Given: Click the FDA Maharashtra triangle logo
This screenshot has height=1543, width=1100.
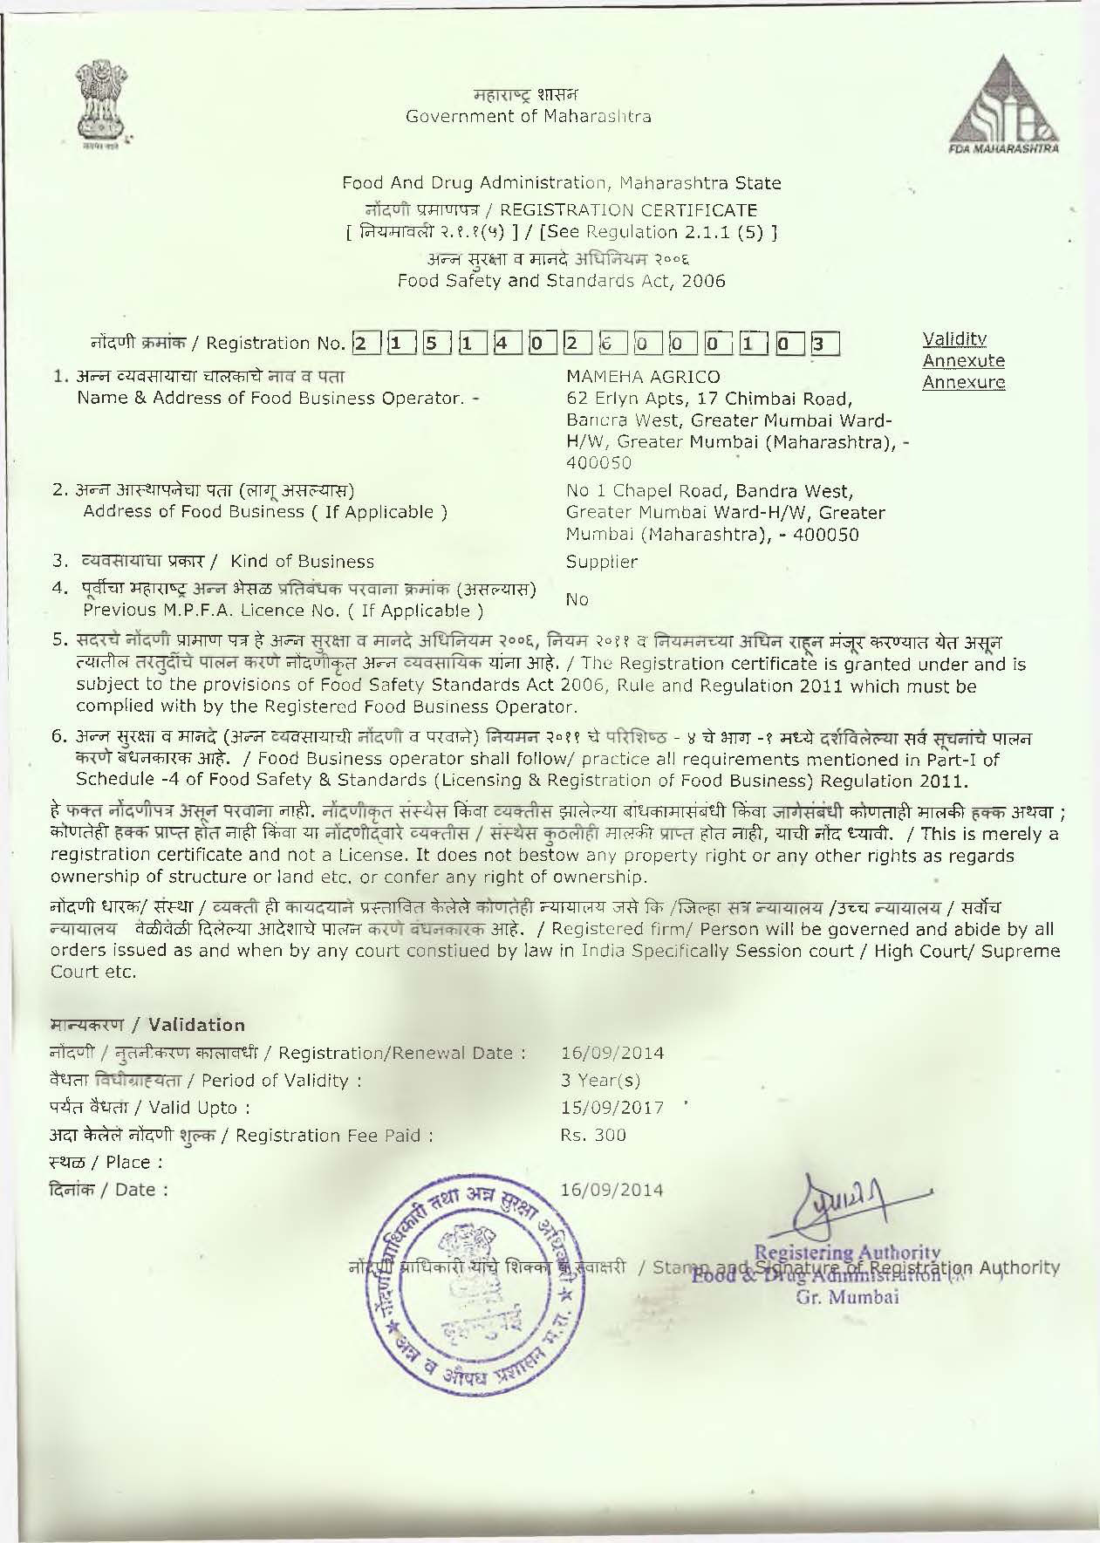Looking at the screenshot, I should (1009, 106).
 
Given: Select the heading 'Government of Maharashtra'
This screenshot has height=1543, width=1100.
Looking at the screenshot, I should (528, 116).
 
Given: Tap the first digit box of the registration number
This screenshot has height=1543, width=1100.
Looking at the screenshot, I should (360, 343).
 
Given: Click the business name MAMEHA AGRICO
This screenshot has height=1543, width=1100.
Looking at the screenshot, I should (644, 377).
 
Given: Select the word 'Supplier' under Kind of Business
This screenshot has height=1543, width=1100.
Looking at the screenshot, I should (602, 562).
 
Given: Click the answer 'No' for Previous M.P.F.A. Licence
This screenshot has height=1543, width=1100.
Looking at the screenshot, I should (577, 599).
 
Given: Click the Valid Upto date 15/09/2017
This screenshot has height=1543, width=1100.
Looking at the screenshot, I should (612, 1108).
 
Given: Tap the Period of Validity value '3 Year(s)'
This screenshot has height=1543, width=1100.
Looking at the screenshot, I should (600, 1080).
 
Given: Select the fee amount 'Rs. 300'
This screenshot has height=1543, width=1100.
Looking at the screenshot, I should (593, 1135).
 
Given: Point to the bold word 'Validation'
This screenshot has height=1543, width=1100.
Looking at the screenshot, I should (197, 1025).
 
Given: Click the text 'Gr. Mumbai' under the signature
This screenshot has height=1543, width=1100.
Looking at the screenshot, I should (847, 1296).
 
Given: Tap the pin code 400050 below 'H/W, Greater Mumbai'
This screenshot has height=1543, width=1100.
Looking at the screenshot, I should (598, 462).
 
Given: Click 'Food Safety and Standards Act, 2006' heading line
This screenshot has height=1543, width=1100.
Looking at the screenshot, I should (561, 281).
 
